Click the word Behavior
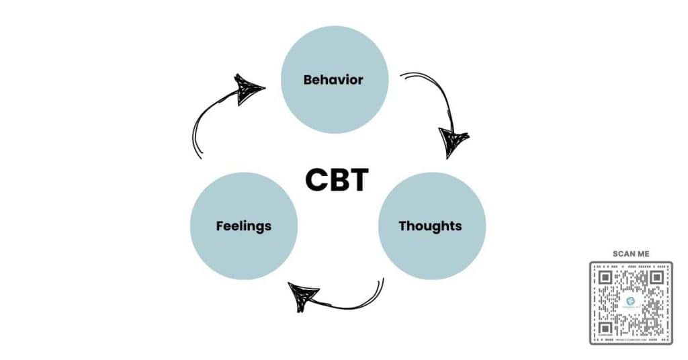[333, 80]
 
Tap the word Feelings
[243, 226]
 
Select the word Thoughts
[430, 226]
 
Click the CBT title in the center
[337, 179]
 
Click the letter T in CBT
[357, 179]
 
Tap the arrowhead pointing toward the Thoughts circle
[452, 142]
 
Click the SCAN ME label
[631, 253]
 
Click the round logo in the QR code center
[630, 302]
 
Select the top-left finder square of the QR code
[605, 276]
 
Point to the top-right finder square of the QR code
[656, 276]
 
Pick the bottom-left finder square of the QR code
[605, 328]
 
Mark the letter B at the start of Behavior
[308, 80]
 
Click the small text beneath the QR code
[631, 340]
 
